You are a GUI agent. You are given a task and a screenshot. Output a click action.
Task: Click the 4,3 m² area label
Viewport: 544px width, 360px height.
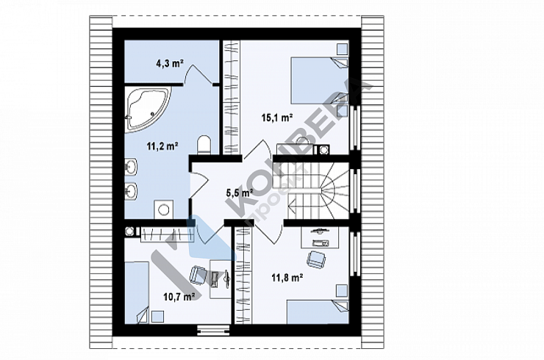tap(170, 63)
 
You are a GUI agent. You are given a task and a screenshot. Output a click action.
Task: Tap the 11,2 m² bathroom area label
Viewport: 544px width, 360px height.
tap(162, 146)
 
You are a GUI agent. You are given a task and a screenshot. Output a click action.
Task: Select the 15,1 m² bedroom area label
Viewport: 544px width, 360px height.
tap(277, 118)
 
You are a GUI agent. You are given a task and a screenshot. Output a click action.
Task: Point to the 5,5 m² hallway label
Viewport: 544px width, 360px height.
tap(240, 192)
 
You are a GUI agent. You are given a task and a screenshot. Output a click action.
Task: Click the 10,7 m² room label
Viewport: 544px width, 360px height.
tap(179, 297)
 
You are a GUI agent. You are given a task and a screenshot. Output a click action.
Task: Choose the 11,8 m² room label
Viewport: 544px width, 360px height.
tap(287, 278)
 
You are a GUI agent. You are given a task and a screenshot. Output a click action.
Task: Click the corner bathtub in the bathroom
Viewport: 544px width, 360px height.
tap(148, 109)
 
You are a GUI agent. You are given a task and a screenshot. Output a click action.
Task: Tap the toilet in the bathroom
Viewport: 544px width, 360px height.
tap(204, 145)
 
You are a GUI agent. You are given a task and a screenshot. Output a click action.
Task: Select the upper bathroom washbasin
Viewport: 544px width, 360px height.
tap(131, 168)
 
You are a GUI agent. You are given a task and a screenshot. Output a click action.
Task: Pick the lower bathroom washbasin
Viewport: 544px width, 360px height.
tap(131, 191)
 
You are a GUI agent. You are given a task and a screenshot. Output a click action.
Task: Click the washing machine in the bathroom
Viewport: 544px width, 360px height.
tap(163, 209)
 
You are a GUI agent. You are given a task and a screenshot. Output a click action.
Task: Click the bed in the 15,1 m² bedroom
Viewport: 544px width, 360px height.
tap(320, 80)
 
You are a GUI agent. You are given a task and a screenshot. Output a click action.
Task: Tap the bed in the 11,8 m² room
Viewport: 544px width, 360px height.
tap(318, 312)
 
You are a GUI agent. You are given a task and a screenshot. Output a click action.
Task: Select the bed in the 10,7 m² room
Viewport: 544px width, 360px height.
tap(137, 292)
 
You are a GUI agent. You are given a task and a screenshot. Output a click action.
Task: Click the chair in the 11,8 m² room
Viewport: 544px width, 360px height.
tap(315, 259)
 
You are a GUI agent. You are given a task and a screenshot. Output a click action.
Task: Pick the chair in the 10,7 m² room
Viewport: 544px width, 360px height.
tap(198, 276)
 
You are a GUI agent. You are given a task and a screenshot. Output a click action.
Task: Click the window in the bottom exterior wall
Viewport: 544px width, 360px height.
tap(213, 330)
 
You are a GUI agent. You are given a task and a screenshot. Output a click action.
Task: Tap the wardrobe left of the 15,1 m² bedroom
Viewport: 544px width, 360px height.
tap(231, 98)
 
